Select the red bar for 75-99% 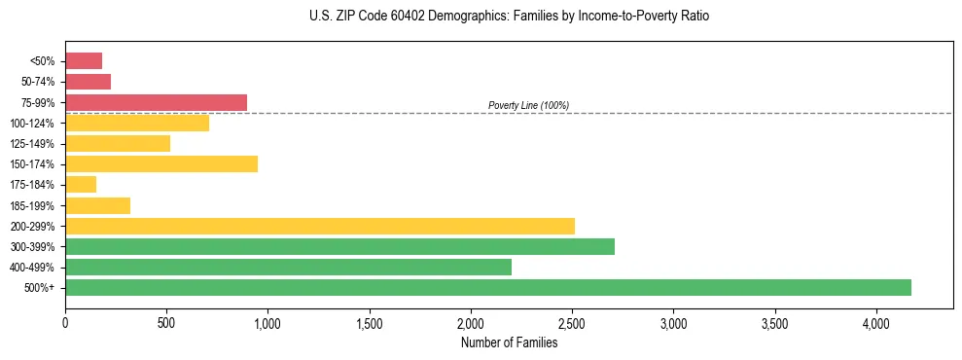[156, 102]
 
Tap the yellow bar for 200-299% [320, 226]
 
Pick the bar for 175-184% [81, 184]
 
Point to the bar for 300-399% [339, 246]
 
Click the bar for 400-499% [288, 267]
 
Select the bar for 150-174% [161, 163]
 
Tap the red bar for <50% [84, 60]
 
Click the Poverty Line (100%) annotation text [528, 105]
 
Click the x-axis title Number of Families [509, 342]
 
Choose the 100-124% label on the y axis [32, 123]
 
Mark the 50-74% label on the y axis [37, 82]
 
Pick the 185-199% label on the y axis [32, 205]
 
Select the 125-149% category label [32, 143]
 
